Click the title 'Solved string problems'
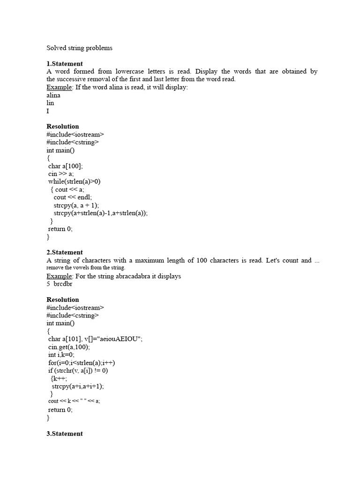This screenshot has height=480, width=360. tap(79, 48)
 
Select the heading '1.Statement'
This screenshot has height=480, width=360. tap(65, 64)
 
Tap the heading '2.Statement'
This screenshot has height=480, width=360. tap(65, 252)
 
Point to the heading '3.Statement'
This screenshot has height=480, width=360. tap(65, 434)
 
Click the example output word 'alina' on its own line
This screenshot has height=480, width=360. tap(53, 95)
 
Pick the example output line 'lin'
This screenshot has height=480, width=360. tap(51, 103)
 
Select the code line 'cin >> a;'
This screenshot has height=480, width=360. tap(61, 174)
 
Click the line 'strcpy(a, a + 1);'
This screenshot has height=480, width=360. tap(76, 205)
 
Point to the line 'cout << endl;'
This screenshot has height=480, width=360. tap(73, 197)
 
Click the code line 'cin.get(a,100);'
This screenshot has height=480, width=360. tap(69, 347)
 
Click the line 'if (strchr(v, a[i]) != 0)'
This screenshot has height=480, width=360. tap(78, 371)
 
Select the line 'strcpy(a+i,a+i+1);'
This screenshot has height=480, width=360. tap(78, 386)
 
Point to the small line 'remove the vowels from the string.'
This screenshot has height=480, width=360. tap(86, 268)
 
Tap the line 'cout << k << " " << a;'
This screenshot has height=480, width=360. tap(74, 401)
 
